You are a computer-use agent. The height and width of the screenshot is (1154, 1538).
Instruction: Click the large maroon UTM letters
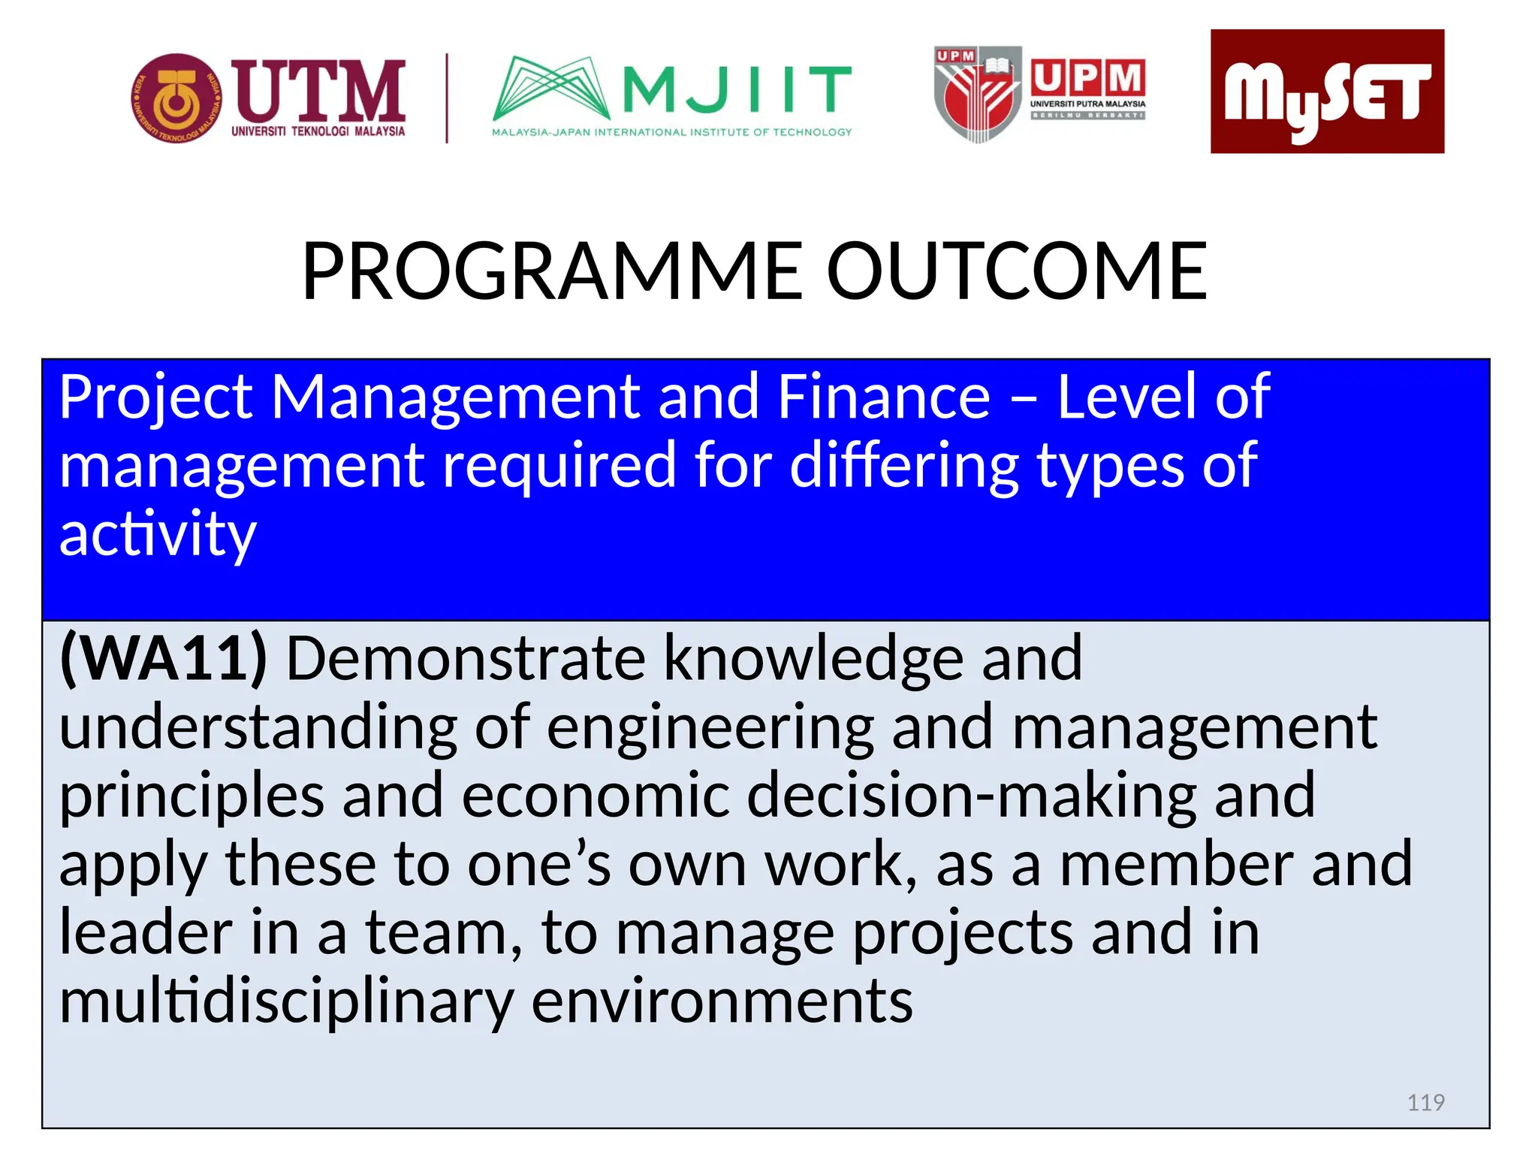pyautogui.click(x=318, y=92)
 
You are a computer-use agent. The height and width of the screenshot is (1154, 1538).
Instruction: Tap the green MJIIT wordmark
pyautogui.click(x=736, y=88)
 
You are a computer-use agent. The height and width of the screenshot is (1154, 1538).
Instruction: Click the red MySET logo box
pyautogui.click(x=1326, y=92)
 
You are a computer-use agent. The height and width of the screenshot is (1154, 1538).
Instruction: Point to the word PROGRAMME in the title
pyautogui.click(x=553, y=271)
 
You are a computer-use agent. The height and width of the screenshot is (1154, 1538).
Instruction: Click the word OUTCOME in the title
pyautogui.click(x=1017, y=271)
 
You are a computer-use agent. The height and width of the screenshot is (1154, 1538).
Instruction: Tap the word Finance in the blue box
pyautogui.click(x=883, y=397)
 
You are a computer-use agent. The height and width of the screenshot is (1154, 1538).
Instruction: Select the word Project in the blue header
pyautogui.click(x=156, y=399)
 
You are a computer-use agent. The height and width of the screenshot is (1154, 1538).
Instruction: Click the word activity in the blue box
pyautogui.click(x=158, y=534)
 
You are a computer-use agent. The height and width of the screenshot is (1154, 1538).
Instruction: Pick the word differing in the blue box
pyautogui.click(x=903, y=467)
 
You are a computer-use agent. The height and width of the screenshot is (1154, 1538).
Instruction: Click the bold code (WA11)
pyautogui.click(x=164, y=659)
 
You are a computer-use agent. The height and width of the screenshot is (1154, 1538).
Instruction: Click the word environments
pyautogui.click(x=722, y=1003)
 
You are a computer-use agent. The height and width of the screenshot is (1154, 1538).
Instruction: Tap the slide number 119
pyautogui.click(x=1425, y=1102)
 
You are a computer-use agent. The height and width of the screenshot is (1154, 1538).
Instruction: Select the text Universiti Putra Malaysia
pyautogui.click(x=1087, y=104)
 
